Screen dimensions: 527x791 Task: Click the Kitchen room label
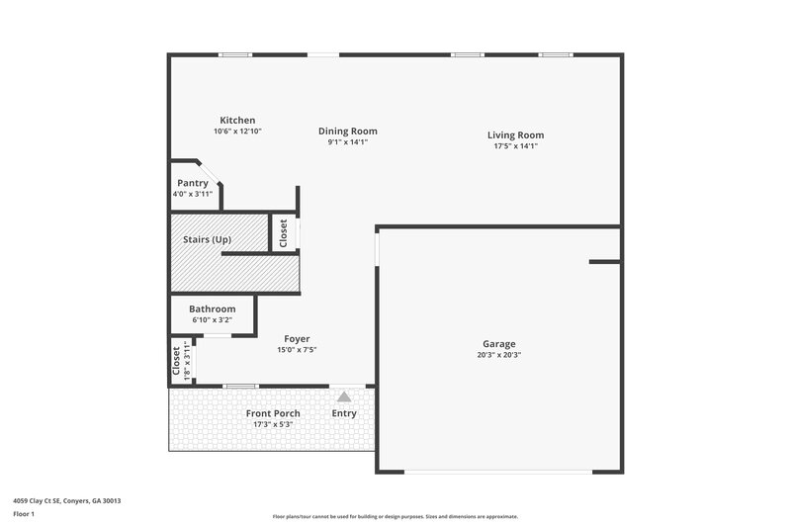pyautogui.click(x=237, y=121)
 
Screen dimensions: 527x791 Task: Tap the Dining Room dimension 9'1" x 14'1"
pyautogui.click(x=347, y=142)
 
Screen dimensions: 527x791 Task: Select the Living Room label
pyautogui.click(x=515, y=135)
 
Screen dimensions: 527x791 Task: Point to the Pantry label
pyautogui.click(x=192, y=183)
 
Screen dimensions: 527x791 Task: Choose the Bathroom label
pyautogui.click(x=212, y=308)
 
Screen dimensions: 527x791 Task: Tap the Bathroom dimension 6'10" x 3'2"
pyautogui.click(x=212, y=320)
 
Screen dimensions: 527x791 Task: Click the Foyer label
pyautogui.click(x=297, y=338)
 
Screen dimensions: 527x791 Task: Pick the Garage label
pyautogui.click(x=498, y=344)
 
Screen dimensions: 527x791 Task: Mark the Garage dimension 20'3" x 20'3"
pyautogui.click(x=498, y=356)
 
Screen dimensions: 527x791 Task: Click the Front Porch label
pyautogui.click(x=273, y=413)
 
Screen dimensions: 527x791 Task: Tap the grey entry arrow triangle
pyautogui.click(x=344, y=395)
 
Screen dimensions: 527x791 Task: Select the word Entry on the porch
pyautogui.click(x=344, y=413)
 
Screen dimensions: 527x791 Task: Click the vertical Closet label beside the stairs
pyautogui.click(x=284, y=232)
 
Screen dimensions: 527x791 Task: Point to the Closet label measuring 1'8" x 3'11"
pyautogui.click(x=177, y=361)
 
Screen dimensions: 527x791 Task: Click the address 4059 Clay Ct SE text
pyautogui.click(x=68, y=500)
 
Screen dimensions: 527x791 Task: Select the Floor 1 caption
pyautogui.click(x=25, y=514)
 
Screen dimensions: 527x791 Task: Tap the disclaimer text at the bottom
pyautogui.click(x=395, y=516)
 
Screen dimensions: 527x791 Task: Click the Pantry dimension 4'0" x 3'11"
pyautogui.click(x=192, y=195)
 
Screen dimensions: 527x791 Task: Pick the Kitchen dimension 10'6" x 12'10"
pyautogui.click(x=237, y=132)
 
